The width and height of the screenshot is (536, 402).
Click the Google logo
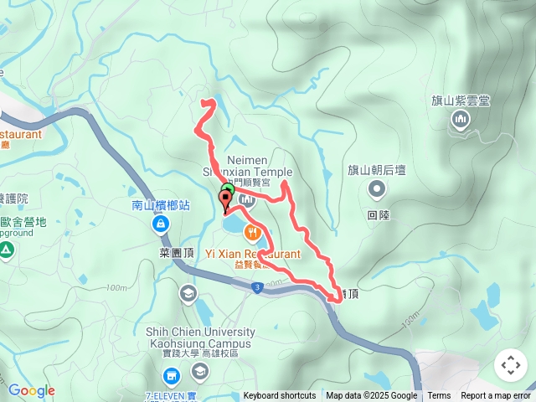(x=32, y=390)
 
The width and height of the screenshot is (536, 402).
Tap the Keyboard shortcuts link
(x=280, y=396)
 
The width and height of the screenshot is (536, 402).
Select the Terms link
(x=439, y=396)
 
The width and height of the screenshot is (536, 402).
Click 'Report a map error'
(x=496, y=396)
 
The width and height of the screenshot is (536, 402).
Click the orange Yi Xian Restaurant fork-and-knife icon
(x=251, y=232)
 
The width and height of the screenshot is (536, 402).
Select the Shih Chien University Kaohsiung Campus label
(x=198, y=338)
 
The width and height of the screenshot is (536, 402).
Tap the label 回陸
(x=378, y=214)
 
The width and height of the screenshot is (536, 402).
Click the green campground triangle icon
(x=5, y=249)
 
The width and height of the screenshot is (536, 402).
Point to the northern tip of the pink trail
(x=207, y=102)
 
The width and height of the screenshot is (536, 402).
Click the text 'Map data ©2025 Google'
(x=371, y=396)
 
